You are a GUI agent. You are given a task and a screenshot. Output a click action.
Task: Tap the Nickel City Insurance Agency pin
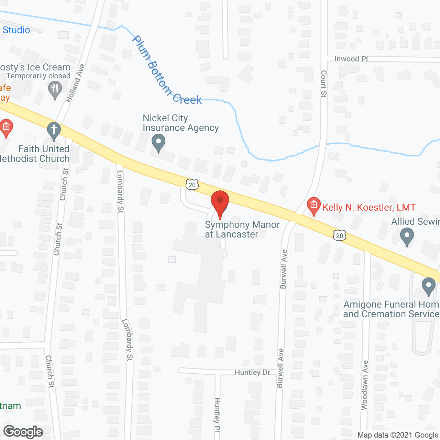click(x=158, y=142)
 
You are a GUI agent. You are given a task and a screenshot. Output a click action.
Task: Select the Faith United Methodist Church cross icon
click(x=54, y=131)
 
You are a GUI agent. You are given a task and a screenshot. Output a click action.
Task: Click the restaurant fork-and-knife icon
click(x=55, y=89)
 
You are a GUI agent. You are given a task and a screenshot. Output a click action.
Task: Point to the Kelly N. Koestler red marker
click(x=313, y=205)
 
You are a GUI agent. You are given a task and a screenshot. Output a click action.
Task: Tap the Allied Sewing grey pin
click(x=407, y=236)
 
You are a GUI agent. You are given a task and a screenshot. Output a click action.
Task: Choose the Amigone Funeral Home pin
click(x=428, y=286)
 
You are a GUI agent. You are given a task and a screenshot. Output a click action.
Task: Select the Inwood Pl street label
click(x=351, y=59)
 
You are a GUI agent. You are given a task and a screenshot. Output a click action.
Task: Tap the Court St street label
click(x=323, y=84)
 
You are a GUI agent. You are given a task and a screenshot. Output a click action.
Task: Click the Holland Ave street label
click(x=75, y=83)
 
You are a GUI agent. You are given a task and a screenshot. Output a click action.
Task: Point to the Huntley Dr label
click(x=252, y=373)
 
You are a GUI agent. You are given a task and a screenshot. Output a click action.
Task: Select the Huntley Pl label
click(x=217, y=415)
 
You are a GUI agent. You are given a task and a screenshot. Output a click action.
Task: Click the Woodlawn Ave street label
click(x=365, y=385)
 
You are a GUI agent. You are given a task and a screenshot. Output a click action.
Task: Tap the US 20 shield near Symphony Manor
click(x=192, y=185)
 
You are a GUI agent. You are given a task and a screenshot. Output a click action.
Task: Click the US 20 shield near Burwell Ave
click(x=339, y=235)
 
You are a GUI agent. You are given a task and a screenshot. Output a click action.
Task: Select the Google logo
click(x=23, y=432)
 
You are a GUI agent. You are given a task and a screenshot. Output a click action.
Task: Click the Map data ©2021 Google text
click(x=398, y=435)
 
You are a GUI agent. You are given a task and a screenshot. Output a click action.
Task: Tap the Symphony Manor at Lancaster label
click(x=242, y=229)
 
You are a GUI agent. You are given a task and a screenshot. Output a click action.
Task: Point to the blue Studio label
click(x=16, y=30)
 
